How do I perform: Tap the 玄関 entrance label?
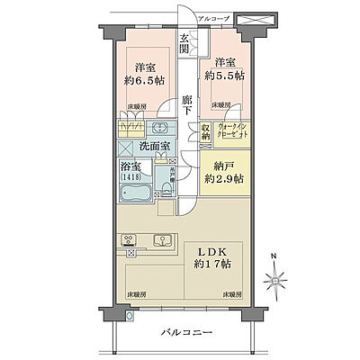click(184, 43)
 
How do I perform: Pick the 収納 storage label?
click(204, 134)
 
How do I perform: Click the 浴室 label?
click(128, 168)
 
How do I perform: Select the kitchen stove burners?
click(130, 241)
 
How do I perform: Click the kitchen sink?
click(163, 240)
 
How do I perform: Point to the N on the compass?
click(275, 261)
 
